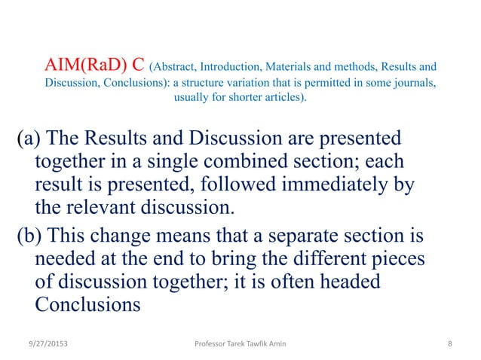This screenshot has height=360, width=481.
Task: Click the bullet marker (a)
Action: click(x=32, y=140)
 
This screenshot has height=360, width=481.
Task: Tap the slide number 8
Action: click(x=449, y=343)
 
